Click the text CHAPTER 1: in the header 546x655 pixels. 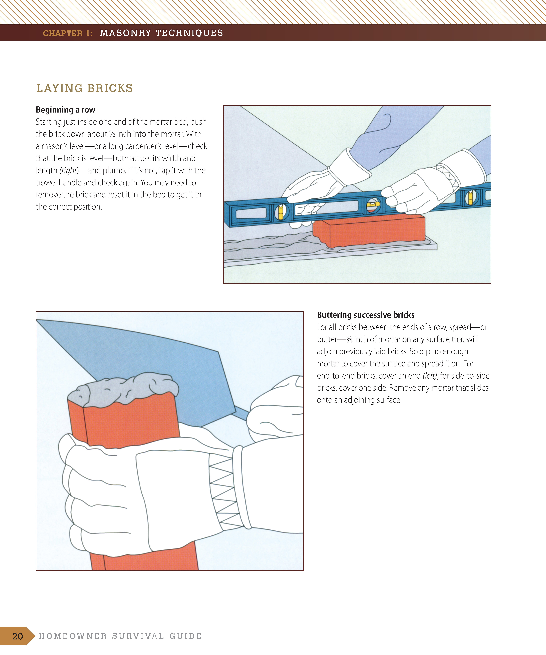point(68,33)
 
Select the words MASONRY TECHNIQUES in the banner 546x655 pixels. point(161,33)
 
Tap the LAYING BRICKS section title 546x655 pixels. point(85,88)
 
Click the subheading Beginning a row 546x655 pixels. point(66,110)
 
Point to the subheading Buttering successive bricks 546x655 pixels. point(366,315)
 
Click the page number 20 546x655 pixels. point(17,636)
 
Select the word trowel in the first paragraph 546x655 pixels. point(46,183)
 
